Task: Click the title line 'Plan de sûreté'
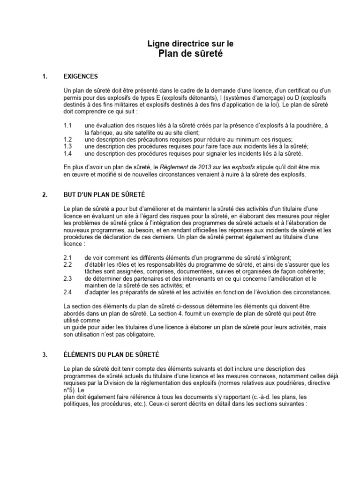coord(190,54)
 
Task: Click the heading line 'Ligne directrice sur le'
coord(190,44)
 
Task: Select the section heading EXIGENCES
coord(81,76)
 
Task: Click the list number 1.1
coord(67,126)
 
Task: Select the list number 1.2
coord(67,139)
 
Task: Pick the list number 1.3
coord(67,146)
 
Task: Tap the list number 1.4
coord(67,153)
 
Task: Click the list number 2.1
coord(67,258)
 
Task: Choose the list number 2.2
coord(67,265)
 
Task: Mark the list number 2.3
coord(67,278)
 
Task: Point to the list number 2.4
coord(67,292)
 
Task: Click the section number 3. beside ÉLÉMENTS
coord(45,355)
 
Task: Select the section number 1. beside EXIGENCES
coord(45,76)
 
